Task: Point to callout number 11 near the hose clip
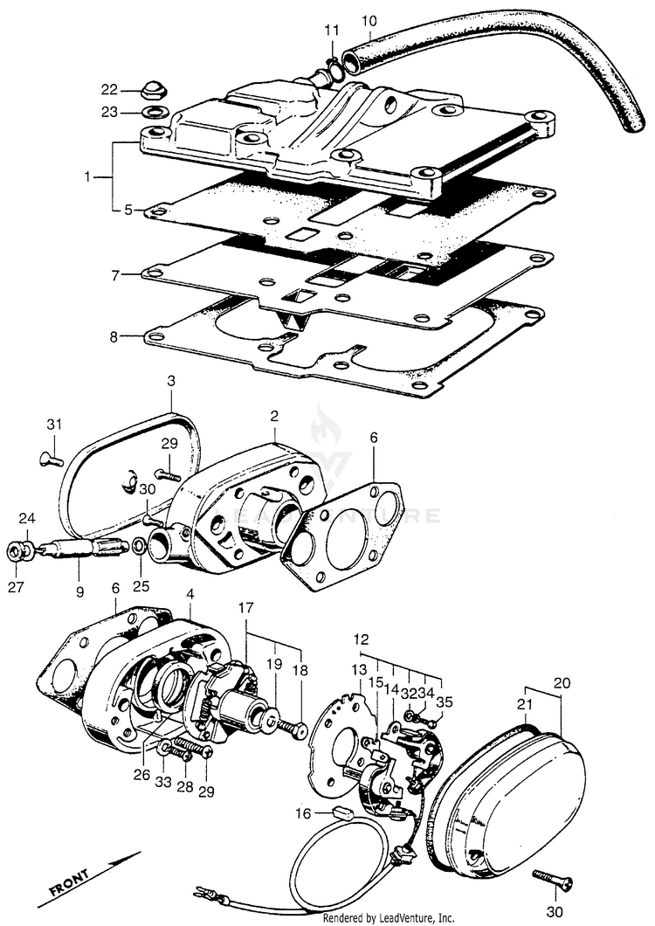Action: coord(330,31)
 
